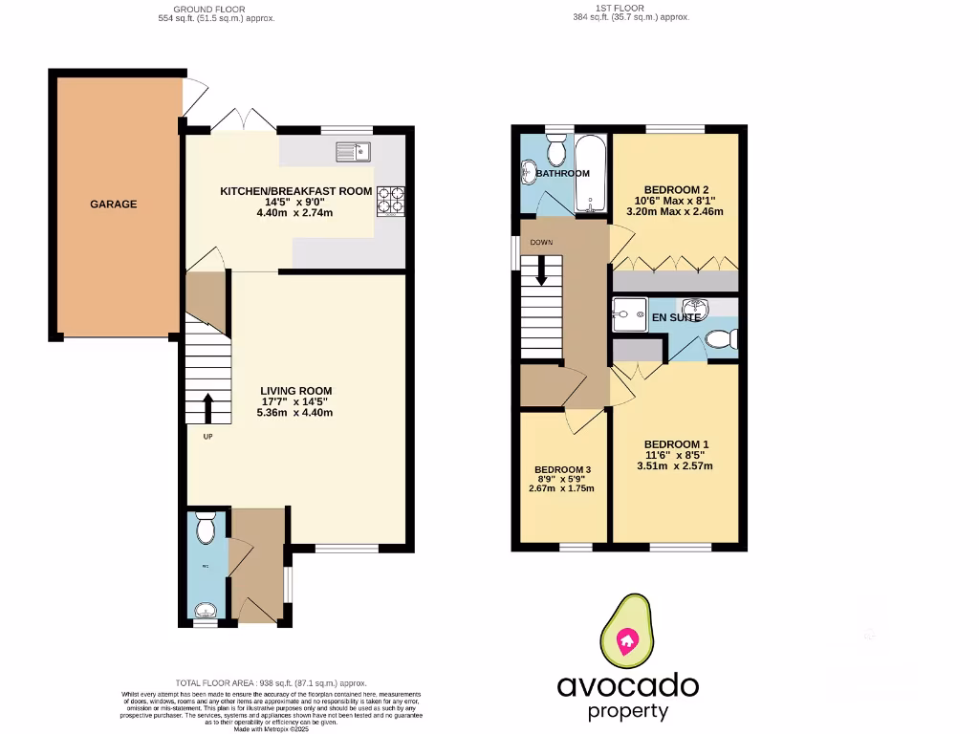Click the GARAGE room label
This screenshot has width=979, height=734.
click(114, 204)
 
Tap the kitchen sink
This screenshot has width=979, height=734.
click(353, 151)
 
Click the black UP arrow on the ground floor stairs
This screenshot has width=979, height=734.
click(209, 407)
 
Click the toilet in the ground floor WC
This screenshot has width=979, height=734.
click(205, 529)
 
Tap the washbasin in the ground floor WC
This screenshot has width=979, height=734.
click(205, 611)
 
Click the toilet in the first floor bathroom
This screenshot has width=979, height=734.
click(555, 149)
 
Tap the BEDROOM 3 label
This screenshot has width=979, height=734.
click(563, 469)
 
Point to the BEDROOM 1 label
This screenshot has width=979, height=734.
click(676, 444)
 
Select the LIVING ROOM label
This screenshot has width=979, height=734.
click(295, 390)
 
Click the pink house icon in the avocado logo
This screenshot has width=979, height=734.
click(628, 639)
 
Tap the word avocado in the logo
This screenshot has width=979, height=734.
click(628, 685)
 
